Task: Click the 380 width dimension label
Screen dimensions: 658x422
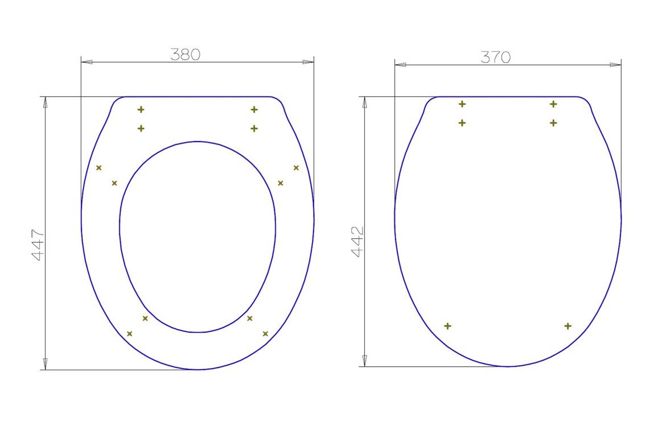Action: pos(185,55)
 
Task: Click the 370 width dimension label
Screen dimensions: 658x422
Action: pos(496,57)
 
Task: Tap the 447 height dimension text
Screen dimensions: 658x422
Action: pos(38,245)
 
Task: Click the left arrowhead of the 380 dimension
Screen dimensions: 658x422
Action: pos(87,62)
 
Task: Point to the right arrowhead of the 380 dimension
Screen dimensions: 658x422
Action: pos(308,62)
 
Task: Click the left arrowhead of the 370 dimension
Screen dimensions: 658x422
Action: pos(400,65)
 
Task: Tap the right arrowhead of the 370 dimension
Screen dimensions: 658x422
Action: pos(615,65)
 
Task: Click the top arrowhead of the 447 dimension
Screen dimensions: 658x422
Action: pos(46,102)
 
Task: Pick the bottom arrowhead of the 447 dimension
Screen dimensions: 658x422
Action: pos(46,364)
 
